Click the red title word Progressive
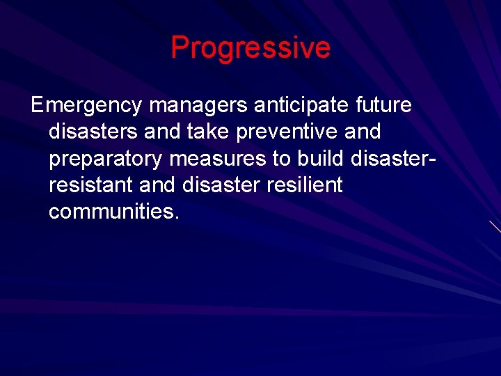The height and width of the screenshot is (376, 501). click(x=250, y=48)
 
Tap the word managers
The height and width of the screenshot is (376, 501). click(x=198, y=106)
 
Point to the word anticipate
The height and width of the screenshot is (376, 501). click(x=302, y=106)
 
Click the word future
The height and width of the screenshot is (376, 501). click(x=383, y=105)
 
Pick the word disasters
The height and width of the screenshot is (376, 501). click(x=93, y=132)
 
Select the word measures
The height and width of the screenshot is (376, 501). click(x=218, y=159)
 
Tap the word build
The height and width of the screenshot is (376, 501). click(x=321, y=159)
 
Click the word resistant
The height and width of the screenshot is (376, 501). click(x=90, y=185)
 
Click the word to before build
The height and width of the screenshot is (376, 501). click(x=281, y=159)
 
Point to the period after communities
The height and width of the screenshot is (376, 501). click(x=177, y=217)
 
